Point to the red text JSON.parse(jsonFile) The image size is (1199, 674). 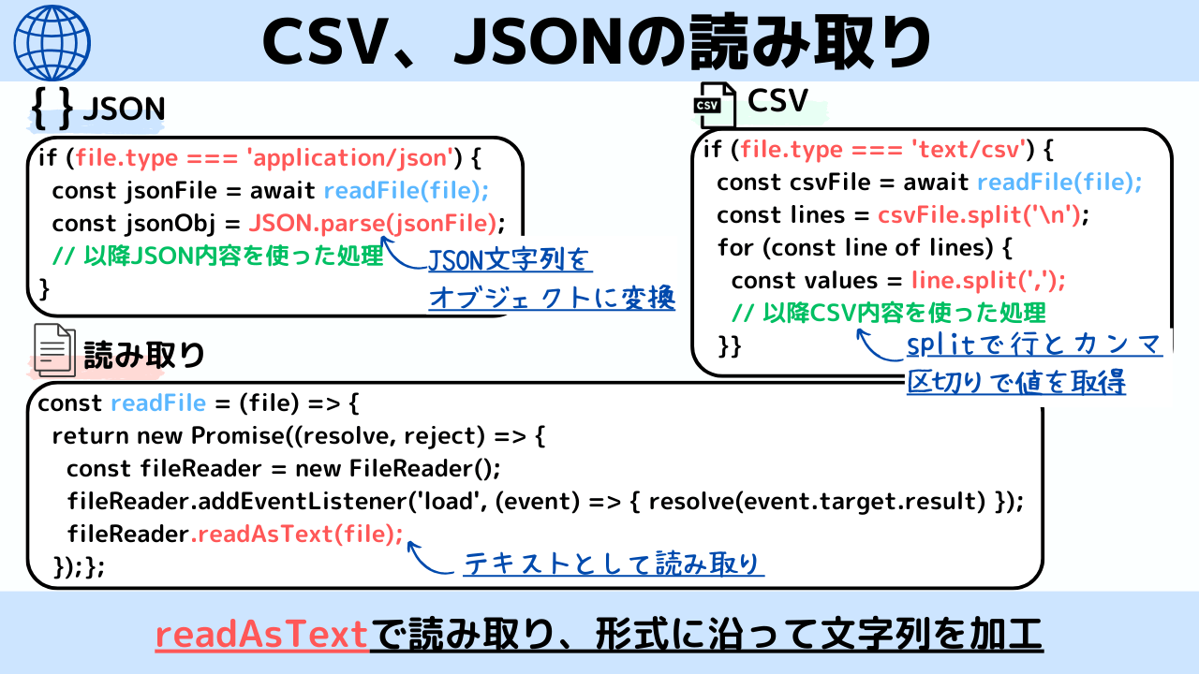373,223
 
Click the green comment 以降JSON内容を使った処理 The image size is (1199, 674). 217,255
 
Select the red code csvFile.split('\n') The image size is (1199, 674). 978,214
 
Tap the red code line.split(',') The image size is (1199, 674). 987,280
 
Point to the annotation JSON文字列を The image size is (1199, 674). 511,260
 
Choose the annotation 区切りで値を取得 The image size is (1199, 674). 1015,382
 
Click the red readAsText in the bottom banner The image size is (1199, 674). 261,635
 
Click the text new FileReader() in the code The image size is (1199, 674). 398,468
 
